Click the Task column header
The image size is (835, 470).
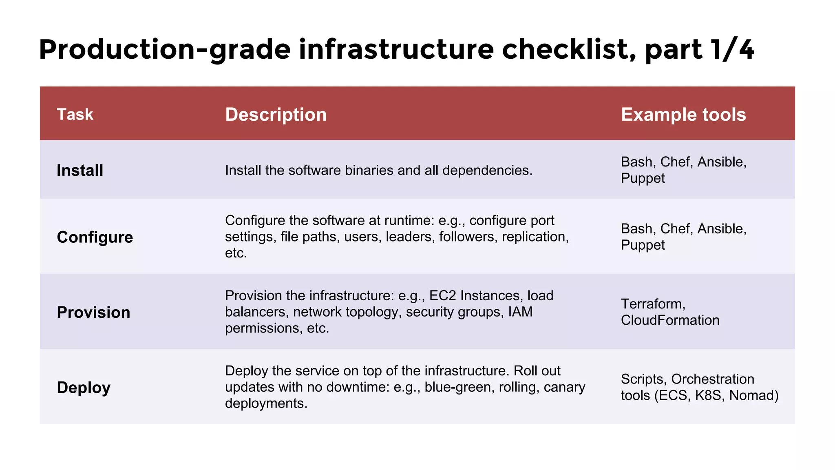point(75,115)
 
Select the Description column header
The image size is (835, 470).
point(276,115)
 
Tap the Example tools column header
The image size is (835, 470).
point(683,115)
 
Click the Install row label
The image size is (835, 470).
point(80,171)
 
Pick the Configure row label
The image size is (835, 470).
point(95,237)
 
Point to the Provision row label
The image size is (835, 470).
point(93,313)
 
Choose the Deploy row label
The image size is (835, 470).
point(84,388)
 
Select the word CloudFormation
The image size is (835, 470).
point(670,320)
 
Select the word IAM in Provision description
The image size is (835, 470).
point(520,312)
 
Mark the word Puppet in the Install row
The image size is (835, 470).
point(643,179)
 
